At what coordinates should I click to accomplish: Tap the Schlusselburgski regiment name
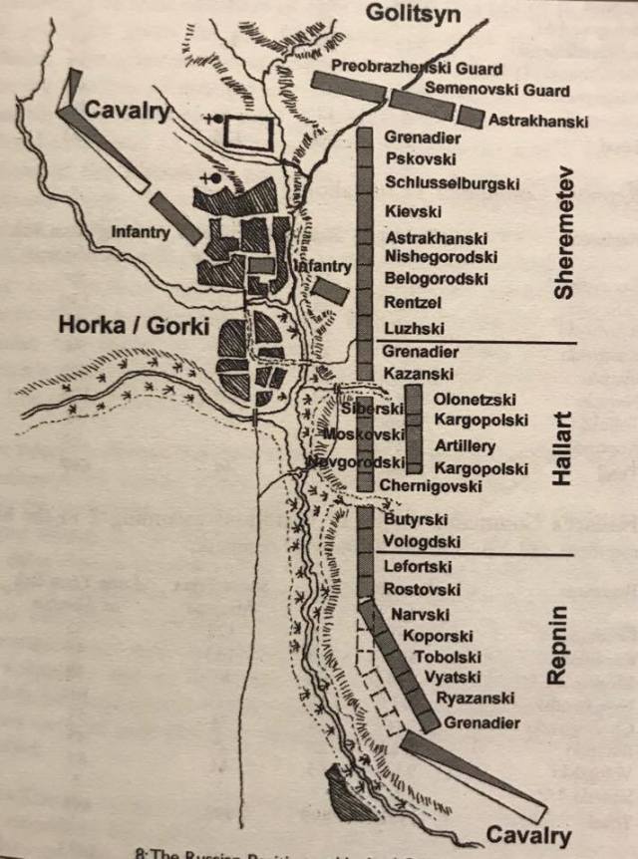pos(452,182)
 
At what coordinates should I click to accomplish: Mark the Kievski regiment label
pos(413,211)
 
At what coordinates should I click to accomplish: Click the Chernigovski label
pos(430,486)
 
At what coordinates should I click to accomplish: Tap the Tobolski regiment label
pos(450,657)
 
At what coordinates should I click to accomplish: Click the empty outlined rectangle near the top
pos(248,131)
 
